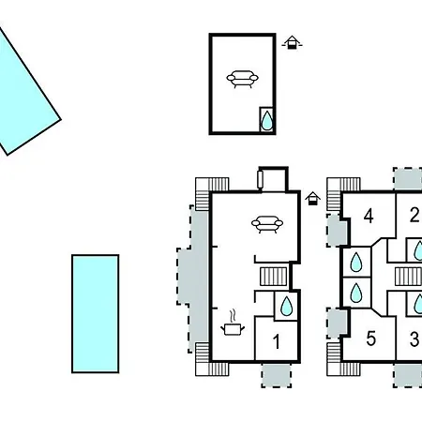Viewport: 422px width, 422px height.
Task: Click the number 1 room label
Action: click(277, 341)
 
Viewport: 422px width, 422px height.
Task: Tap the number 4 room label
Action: click(369, 216)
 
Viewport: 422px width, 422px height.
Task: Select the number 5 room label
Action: click(370, 339)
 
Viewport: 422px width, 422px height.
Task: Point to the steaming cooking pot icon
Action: click(233, 324)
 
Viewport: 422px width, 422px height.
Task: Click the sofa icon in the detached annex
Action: click(243, 79)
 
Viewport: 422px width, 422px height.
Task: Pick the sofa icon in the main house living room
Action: click(267, 224)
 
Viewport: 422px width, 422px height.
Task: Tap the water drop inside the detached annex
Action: click(267, 120)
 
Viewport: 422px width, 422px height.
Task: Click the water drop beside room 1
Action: click(286, 306)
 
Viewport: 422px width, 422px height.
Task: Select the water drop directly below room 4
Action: click(356, 262)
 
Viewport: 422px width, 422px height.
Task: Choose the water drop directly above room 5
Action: click(356, 293)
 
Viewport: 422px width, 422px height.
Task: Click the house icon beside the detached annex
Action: click(292, 42)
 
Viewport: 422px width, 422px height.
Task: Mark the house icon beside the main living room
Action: click(313, 199)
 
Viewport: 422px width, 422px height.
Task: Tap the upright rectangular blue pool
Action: click(96, 314)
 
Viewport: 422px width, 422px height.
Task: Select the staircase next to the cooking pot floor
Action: click(274, 277)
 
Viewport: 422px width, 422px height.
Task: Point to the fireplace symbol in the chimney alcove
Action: click(261, 180)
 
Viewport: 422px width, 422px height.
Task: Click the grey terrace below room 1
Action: click(277, 375)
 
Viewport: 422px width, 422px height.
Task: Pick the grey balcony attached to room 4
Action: click(337, 230)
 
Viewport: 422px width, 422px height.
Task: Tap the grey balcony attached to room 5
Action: click(337, 323)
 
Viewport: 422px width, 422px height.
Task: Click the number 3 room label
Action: click(414, 339)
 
